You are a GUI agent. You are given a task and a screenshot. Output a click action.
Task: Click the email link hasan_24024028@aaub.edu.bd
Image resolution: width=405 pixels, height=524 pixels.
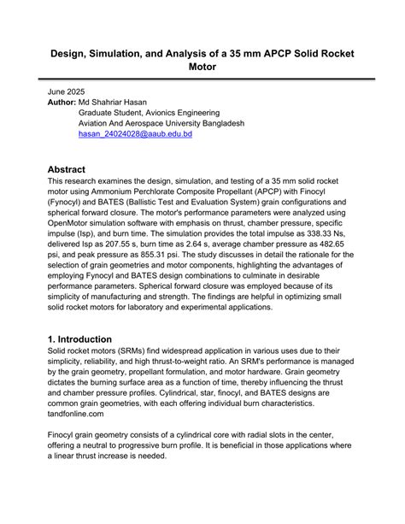135,134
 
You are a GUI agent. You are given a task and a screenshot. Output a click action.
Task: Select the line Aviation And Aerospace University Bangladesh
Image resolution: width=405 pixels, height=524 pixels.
161,123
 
